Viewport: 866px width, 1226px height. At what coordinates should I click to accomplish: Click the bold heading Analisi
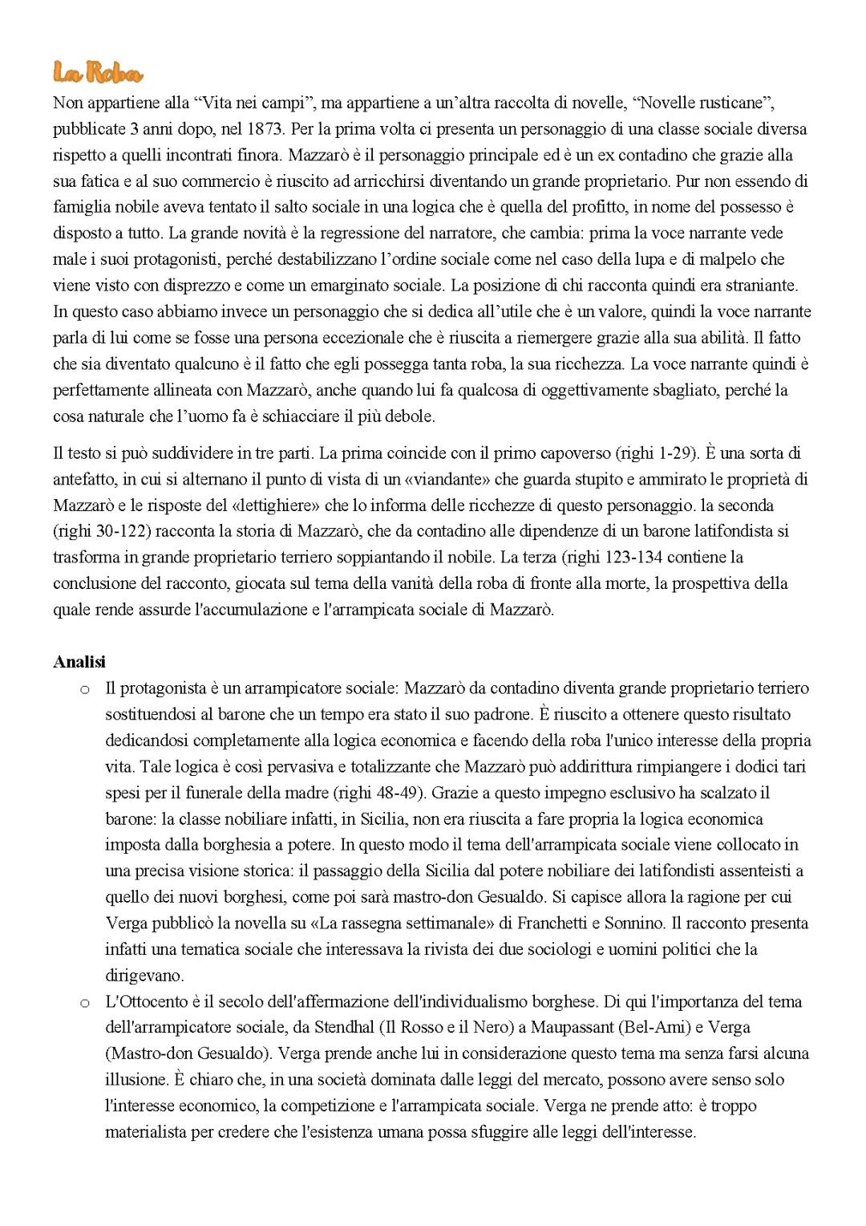click(79, 662)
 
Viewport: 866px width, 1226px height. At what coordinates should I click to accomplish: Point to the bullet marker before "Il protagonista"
click(84, 689)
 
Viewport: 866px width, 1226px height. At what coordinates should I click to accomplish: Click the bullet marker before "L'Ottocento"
click(84, 1003)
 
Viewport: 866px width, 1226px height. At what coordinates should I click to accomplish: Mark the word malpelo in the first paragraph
click(726, 259)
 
